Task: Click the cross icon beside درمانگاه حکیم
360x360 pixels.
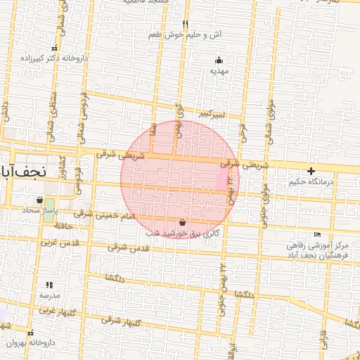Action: (311, 171)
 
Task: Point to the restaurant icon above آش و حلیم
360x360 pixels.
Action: (186, 23)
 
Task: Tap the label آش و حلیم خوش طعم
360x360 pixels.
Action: (186, 34)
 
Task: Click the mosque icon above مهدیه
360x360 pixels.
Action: (219, 60)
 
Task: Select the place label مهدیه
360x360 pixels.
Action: (219, 70)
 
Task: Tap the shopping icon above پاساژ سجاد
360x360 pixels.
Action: (39, 199)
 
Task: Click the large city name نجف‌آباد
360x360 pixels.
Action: (22, 171)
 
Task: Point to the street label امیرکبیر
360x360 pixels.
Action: (211, 113)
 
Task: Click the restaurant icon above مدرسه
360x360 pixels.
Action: (49, 285)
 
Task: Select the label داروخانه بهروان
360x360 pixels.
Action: (30, 342)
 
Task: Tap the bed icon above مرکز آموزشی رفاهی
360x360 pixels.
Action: (318, 234)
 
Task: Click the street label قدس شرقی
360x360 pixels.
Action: (131, 248)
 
